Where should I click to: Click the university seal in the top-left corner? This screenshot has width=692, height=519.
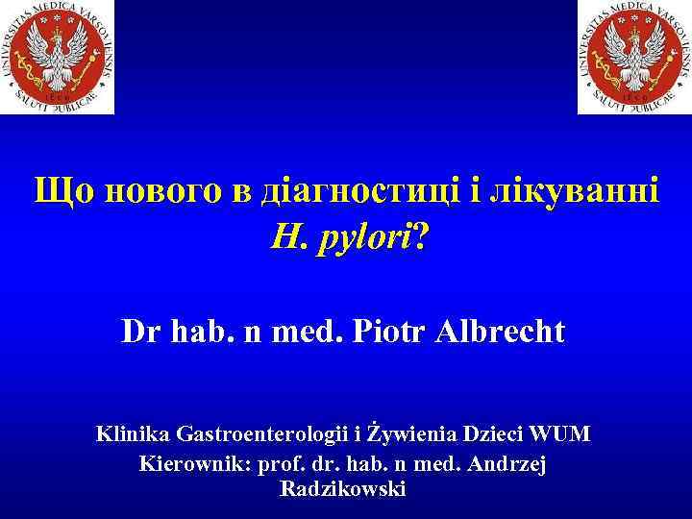click(x=57, y=57)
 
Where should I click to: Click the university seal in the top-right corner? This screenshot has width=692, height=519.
click(x=633, y=57)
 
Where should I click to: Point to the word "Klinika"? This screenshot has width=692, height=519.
click(x=132, y=434)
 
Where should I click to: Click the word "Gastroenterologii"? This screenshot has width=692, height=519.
click(x=254, y=434)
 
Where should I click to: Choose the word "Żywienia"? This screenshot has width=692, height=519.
click(x=400, y=434)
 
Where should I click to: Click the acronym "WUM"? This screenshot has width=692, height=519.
click(x=561, y=434)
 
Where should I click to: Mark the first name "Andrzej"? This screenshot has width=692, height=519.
click(x=510, y=463)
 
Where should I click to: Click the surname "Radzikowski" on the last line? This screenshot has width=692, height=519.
click(x=343, y=489)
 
